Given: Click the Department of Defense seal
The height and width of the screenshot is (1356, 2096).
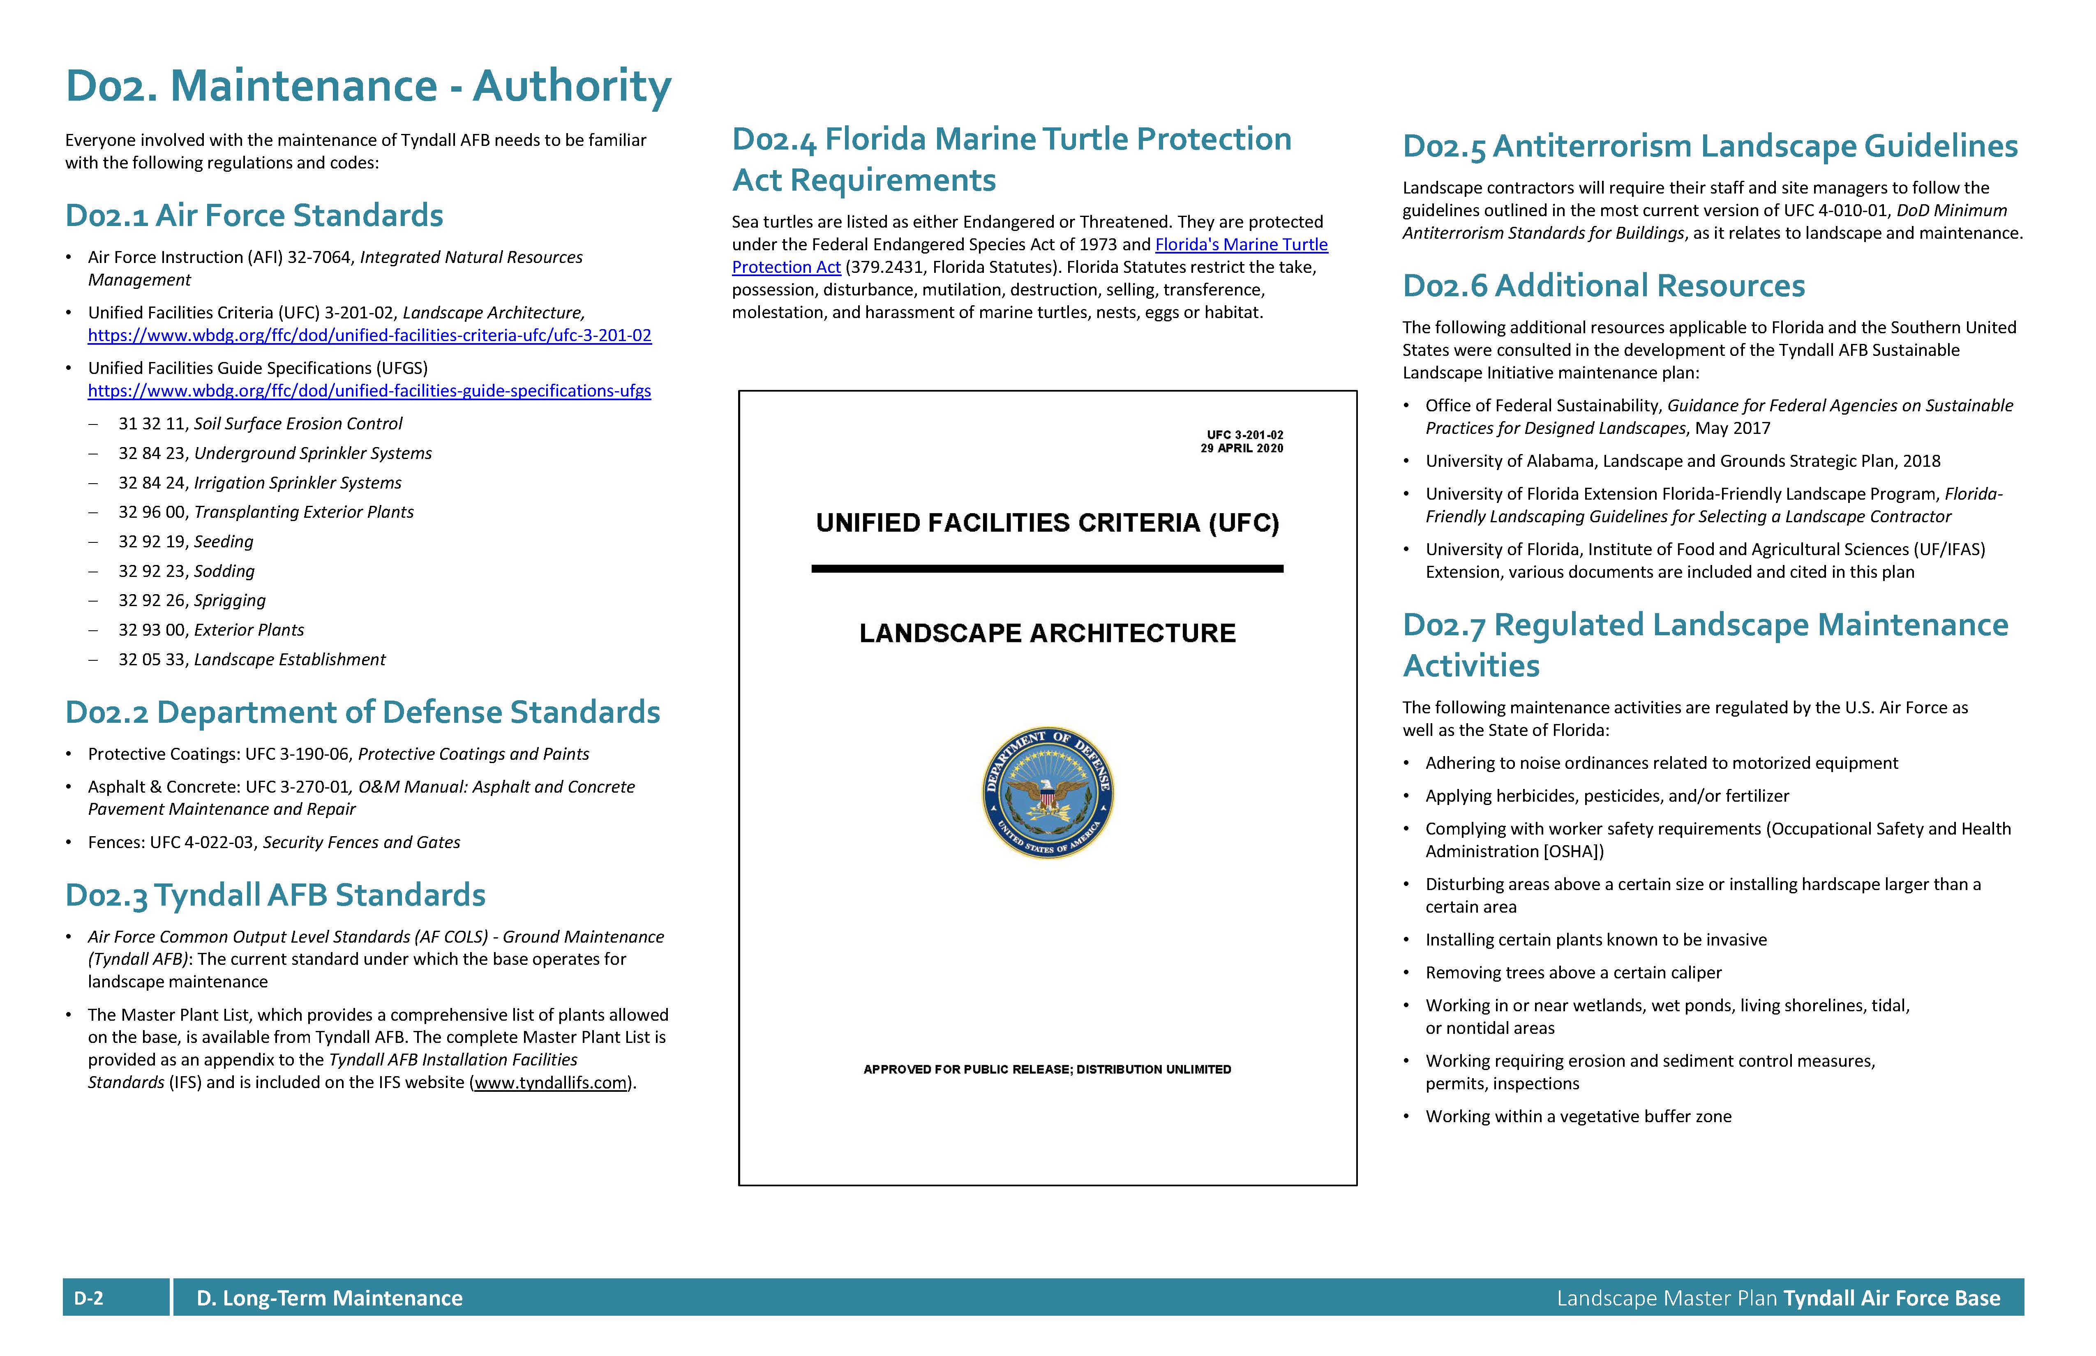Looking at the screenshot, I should click(1047, 793).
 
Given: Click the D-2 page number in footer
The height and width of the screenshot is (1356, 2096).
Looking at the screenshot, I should click(89, 1298).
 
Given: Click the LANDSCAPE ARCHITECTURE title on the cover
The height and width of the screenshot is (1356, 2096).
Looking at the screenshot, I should click(1047, 633).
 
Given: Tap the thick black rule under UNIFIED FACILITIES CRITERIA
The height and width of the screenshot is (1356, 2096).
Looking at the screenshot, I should click(1047, 569).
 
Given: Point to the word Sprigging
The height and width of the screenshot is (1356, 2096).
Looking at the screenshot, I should click(230, 600).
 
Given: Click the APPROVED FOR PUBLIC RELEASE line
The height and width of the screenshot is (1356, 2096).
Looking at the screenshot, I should click(1047, 1069).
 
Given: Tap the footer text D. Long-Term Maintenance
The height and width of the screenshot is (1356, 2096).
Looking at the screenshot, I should click(329, 1298).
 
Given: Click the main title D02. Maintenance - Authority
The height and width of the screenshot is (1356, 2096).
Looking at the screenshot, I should click(368, 86).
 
